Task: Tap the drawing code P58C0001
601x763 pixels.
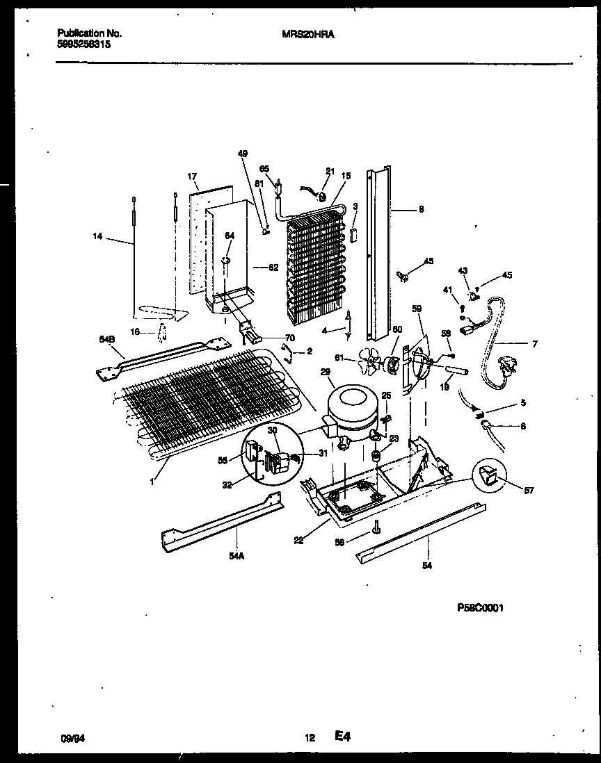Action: tap(479, 607)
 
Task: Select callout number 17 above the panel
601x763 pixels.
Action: tap(193, 177)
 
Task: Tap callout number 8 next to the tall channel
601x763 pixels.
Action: tap(420, 208)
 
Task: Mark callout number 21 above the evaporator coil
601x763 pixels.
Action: tap(330, 171)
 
